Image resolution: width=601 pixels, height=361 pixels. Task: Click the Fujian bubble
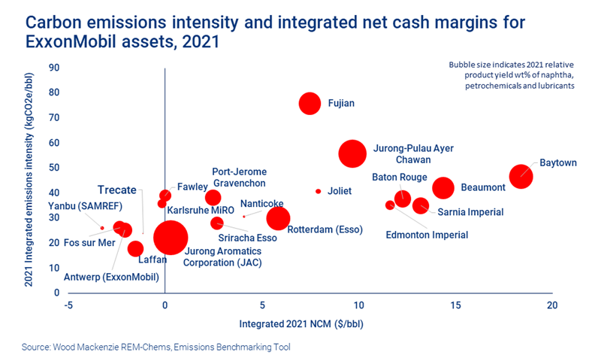coord(310,104)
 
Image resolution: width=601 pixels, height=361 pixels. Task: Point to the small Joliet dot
coord(318,191)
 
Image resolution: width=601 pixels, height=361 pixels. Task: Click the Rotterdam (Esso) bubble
coord(278,218)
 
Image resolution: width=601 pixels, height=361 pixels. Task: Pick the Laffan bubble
coord(135,248)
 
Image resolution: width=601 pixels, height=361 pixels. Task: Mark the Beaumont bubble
coord(444,188)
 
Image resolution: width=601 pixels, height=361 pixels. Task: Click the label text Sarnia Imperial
coord(470,212)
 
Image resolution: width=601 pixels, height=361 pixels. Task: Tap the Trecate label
coord(118,189)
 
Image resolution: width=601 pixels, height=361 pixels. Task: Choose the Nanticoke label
coord(261,203)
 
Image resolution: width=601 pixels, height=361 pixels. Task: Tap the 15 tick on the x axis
coord(455,305)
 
